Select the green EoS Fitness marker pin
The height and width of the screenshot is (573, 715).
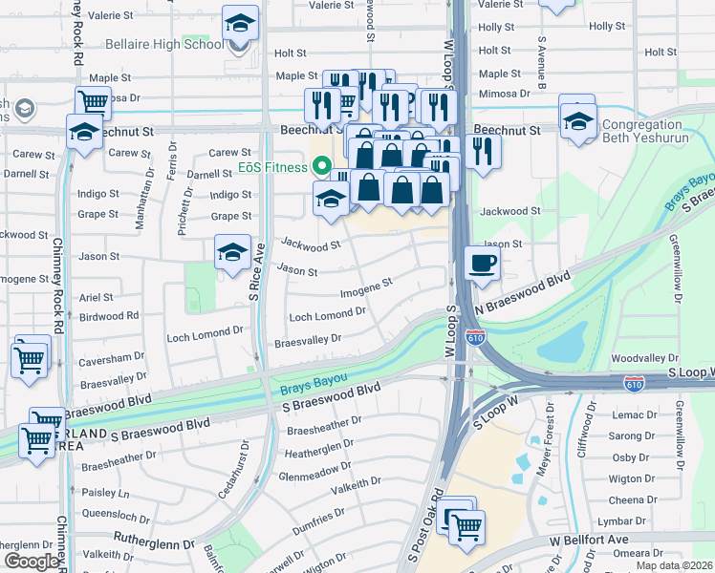[315, 168]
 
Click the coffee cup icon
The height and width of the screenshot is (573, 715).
[482, 263]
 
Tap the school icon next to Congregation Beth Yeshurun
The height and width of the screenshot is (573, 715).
[577, 121]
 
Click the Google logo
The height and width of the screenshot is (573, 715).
[32, 562]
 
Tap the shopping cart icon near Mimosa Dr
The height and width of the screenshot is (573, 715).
[93, 101]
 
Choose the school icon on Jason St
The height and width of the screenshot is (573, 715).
[231, 253]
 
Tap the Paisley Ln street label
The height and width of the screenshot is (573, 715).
[105, 494]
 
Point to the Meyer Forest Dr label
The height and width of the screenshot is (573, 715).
[550, 434]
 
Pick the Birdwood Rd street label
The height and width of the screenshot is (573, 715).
[109, 315]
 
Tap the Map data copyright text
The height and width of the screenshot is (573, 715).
[674, 565]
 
